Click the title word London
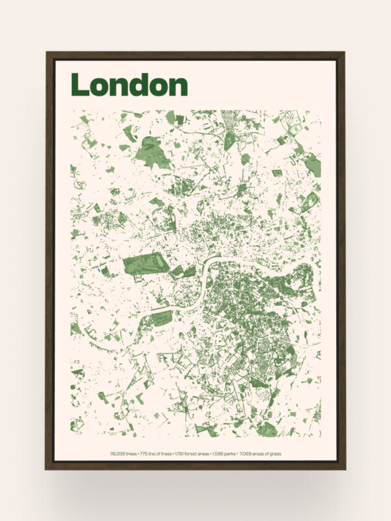pyautogui.click(x=129, y=85)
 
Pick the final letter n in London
pyautogui.click(x=178, y=87)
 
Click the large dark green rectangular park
pyautogui.click(x=144, y=264)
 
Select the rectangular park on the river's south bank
pyautogui.click(x=160, y=317)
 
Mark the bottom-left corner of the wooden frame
pyautogui.click(x=47, y=468)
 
